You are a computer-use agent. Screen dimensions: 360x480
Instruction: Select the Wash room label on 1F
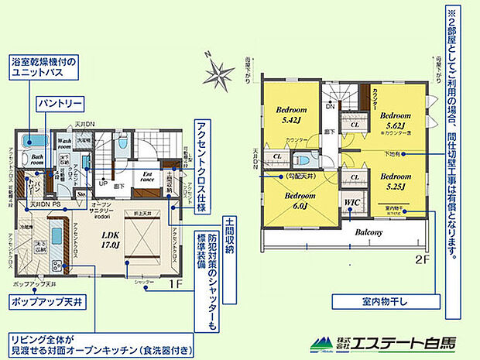tap(66, 143)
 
